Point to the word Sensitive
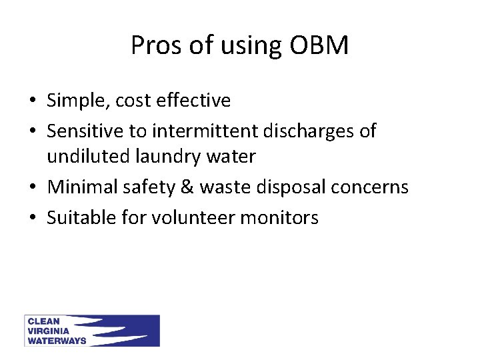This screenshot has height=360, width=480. (85, 131)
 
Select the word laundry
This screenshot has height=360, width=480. (164, 157)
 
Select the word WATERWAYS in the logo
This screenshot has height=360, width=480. (57, 341)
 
